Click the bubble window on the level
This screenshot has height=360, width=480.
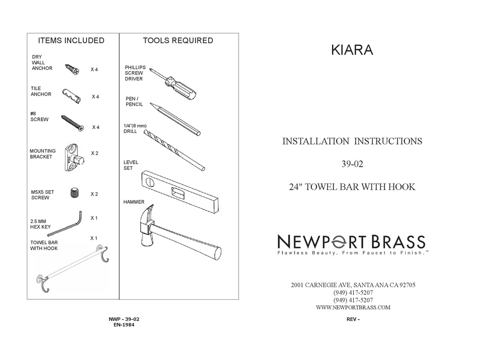178,193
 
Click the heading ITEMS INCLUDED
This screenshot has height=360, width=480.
71,40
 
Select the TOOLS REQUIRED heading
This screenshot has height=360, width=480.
178,40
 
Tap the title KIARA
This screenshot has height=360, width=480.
352,51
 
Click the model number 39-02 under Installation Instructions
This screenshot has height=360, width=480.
352,164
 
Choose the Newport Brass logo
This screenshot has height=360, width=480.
352,243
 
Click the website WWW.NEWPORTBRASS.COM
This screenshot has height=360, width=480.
353,307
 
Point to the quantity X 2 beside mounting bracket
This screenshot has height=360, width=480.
94,153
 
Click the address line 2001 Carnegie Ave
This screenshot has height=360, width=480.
353,285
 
